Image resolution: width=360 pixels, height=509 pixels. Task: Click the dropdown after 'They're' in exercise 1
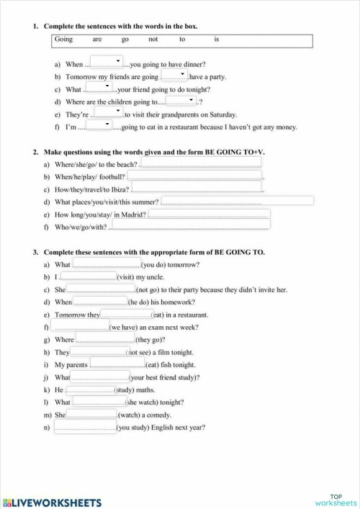coord(109,112)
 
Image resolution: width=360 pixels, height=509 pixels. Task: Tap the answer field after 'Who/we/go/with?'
coord(189,226)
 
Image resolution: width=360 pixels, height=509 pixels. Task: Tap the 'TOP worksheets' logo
coord(335,499)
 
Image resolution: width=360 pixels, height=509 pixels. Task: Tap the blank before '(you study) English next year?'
coord(84,428)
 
